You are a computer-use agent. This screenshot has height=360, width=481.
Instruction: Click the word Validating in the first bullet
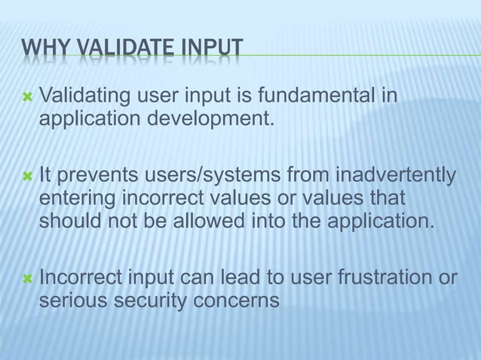84,97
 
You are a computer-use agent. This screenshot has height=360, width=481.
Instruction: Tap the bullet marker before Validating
27,98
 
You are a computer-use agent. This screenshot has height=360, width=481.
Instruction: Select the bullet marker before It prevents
27,176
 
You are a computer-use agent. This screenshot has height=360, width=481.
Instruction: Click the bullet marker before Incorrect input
27,279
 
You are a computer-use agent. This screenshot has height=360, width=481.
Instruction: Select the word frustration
382,278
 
